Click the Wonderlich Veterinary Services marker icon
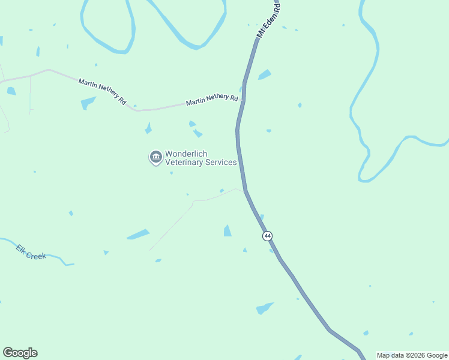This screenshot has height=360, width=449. [x=155, y=157]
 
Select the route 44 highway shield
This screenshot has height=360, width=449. [x=267, y=236]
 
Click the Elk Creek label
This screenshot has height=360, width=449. [x=31, y=251]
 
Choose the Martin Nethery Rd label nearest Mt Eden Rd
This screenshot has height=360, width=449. [x=212, y=100]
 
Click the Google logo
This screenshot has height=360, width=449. [x=20, y=353]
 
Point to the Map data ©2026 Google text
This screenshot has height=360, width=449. [x=412, y=355]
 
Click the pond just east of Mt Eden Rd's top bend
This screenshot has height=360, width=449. [x=264, y=74]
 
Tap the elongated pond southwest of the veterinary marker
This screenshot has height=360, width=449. [x=138, y=234]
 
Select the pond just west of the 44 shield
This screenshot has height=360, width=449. [x=228, y=230]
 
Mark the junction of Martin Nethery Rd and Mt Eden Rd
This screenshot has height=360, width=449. [x=241, y=101]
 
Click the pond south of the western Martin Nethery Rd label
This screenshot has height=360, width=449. [x=88, y=103]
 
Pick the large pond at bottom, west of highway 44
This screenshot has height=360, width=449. [x=264, y=308]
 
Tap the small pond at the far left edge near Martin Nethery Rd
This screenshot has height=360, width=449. [x=11, y=91]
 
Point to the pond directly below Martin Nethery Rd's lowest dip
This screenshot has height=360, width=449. [x=148, y=128]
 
